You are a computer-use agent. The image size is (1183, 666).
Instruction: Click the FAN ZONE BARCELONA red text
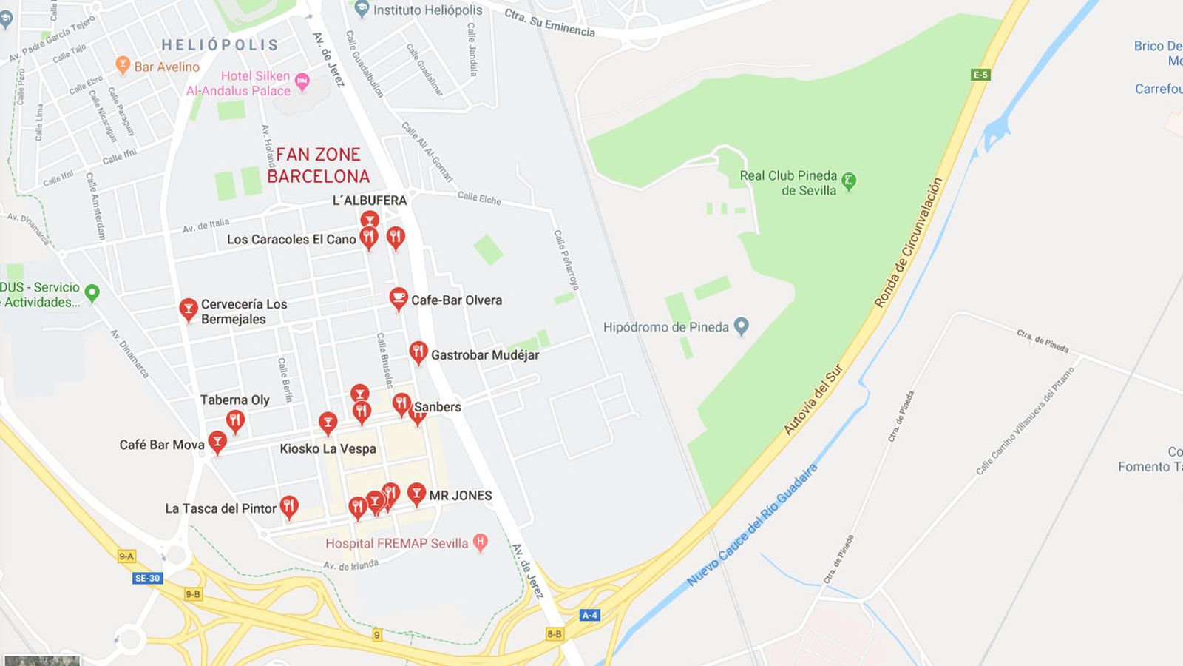[x=318, y=165]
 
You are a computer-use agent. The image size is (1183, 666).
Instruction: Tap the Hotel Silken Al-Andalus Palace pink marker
[x=302, y=81]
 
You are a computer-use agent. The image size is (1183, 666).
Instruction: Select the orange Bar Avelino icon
[x=123, y=65]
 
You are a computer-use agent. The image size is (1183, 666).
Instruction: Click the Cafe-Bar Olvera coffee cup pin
[x=399, y=297]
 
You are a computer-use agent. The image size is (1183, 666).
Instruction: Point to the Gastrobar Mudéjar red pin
[x=418, y=352]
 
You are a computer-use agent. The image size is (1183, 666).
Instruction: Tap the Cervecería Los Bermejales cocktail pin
[x=189, y=309]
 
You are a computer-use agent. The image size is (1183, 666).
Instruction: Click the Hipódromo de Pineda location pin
[x=742, y=326]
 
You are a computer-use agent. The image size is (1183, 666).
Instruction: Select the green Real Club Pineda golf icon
[x=849, y=180]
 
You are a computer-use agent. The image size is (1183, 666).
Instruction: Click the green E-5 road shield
[x=980, y=75]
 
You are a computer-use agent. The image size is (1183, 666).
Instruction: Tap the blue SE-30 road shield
[x=147, y=578]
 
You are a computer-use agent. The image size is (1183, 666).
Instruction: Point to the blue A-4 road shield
[x=589, y=615]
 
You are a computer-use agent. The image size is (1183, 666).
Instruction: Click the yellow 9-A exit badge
[x=126, y=556]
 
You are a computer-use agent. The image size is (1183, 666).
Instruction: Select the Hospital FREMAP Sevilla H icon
[x=480, y=542]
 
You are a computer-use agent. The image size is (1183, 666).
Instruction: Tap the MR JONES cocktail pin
[x=417, y=493]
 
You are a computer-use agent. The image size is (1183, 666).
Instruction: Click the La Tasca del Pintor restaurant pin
[x=289, y=505]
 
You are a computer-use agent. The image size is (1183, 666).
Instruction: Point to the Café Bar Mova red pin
[x=217, y=441]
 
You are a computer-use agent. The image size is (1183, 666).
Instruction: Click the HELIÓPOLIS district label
[x=220, y=45]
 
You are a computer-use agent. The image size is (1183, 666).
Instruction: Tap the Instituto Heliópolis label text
[x=427, y=10]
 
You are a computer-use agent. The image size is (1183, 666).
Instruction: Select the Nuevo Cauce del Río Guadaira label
[x=753, y=525]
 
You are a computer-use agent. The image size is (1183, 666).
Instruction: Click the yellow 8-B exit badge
[x=555, y=633]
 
